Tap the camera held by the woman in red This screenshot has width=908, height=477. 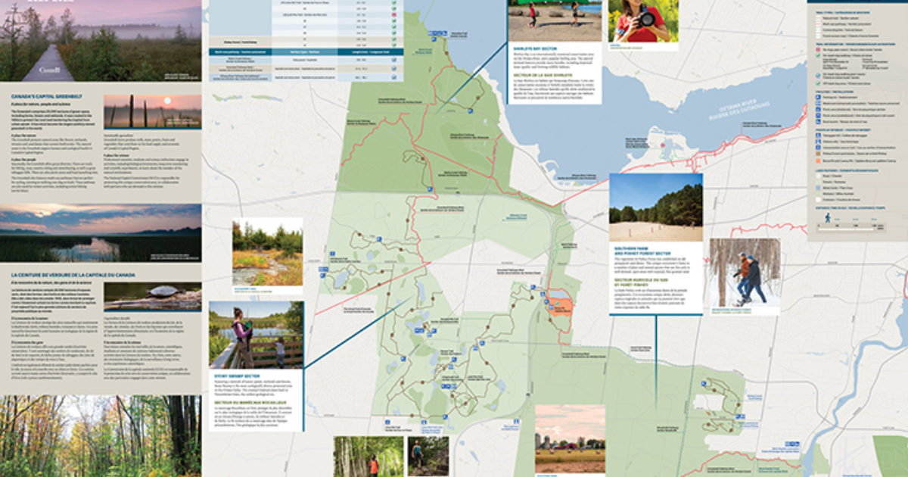[645, 17]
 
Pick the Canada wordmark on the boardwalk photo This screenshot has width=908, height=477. [52, 69]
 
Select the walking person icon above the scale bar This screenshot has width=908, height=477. [827, 218]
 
